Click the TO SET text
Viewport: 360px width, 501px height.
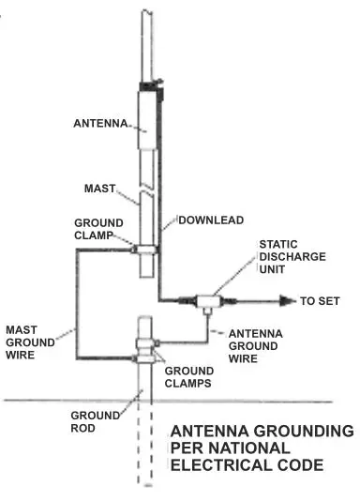[x=320, y=301]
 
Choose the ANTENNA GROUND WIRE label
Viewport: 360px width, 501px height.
[x=256, y=343]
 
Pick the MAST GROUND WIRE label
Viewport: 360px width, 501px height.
[x=30, y=342]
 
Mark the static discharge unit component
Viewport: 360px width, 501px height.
[x=204, y=301]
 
